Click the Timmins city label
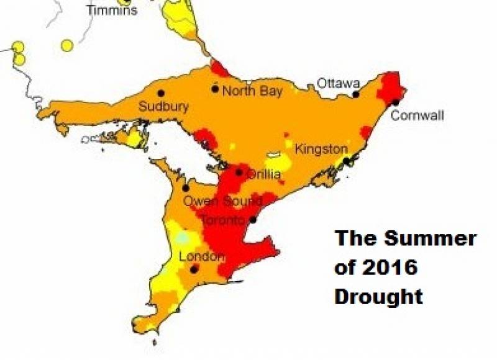(x=111, y=10)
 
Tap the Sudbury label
(x=163, y=106)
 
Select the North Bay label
(x=252, y=91)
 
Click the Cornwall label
(x=417, y=115)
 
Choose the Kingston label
(x=321, y=149)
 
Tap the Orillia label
(x=263, y=174)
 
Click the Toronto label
(x=222, y=220)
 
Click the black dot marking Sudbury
(x=161, y=93)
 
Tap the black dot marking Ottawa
(x=356, y=94)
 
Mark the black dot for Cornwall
(x=395, y=102)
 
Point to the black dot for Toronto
(x=253, y=219)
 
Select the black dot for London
(x=194, y=269)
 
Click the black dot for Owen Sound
(x=185, y=187)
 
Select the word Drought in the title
(x=378, y=296)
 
